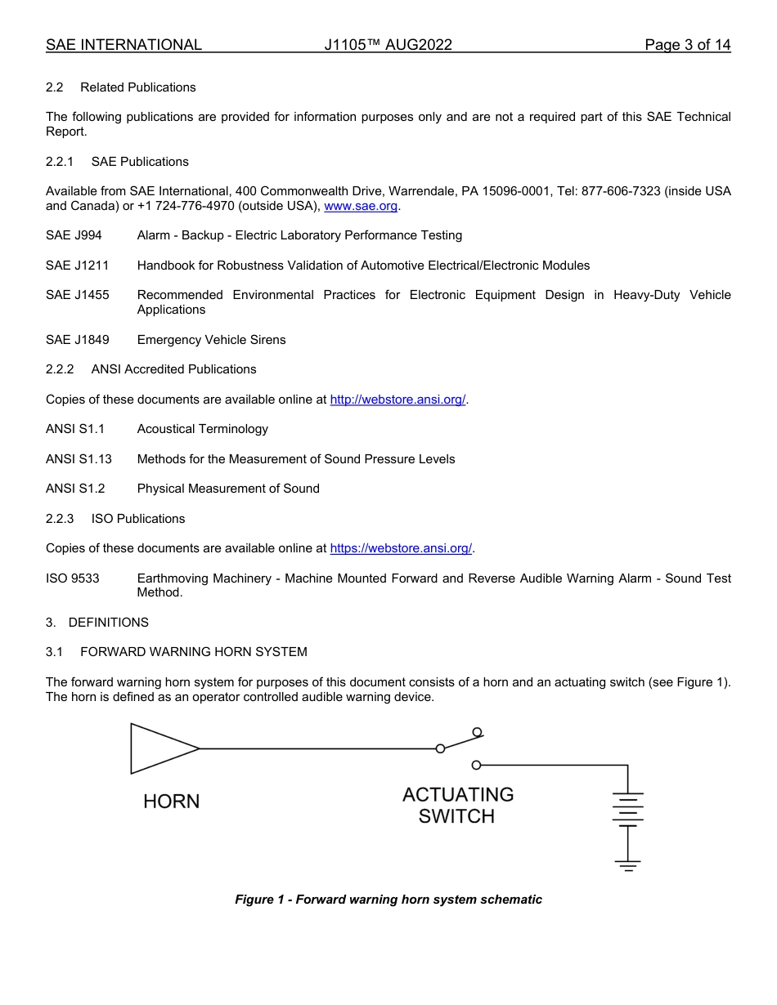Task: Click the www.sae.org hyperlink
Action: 361,206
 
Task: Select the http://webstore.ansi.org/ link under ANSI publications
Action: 397,400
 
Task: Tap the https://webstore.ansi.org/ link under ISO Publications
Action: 401,548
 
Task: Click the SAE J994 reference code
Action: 74,235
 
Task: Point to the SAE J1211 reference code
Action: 77,266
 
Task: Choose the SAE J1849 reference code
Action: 77,340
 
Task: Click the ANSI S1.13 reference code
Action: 79,459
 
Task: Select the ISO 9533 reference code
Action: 72,578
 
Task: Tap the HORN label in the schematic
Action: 171,802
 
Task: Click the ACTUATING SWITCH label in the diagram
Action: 457,806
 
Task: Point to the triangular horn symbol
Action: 160,748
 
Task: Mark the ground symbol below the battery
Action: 627,864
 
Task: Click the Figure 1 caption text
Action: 388,900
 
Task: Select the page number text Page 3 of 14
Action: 687,45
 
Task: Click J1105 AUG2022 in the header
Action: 388,45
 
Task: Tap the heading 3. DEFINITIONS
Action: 97,623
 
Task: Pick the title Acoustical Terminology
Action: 202,429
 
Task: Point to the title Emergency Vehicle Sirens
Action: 211,340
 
